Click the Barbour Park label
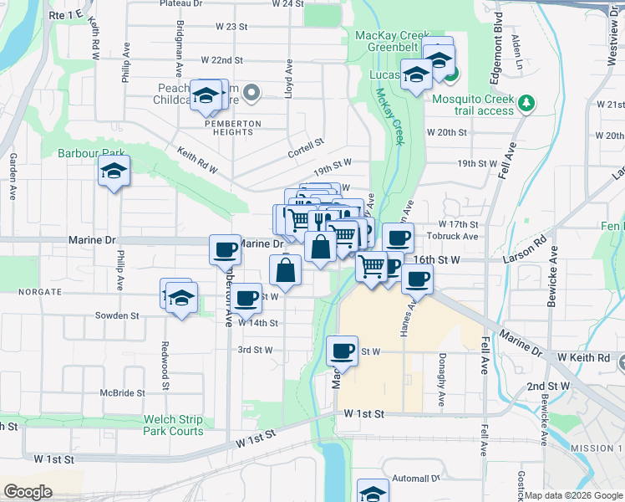click(91, 153)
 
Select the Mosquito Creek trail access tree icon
click(526, 103)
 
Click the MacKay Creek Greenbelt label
click(392, 42)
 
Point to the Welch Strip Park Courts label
click(162, 425)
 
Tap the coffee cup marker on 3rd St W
click(342, 351)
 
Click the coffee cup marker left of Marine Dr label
click(226, 249)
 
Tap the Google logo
click(28, 492)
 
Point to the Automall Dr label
click(416, 479)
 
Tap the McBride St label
click(123, 392)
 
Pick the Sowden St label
click(118, 315)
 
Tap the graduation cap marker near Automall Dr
click(373, 492)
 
